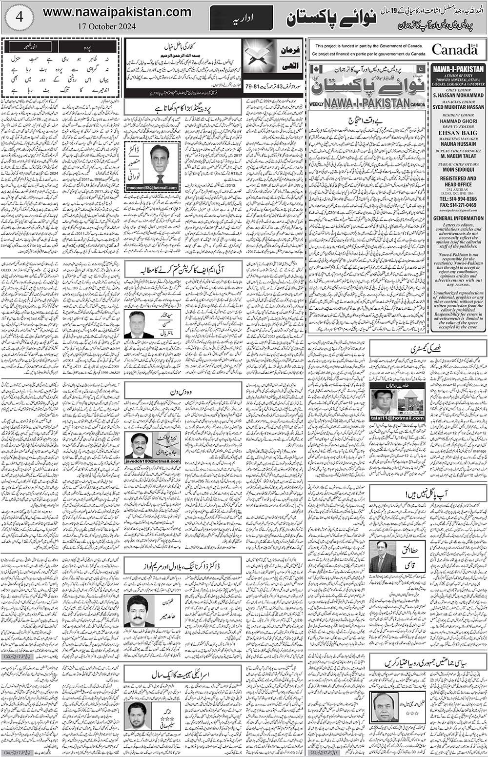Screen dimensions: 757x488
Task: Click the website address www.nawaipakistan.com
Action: (117, 12)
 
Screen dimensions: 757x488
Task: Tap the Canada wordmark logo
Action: (454, 49)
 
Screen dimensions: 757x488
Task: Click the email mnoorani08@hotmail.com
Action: (152, 187)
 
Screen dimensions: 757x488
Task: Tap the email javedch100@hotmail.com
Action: (152, 461)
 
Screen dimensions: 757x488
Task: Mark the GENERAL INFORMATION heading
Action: (458, 219)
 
